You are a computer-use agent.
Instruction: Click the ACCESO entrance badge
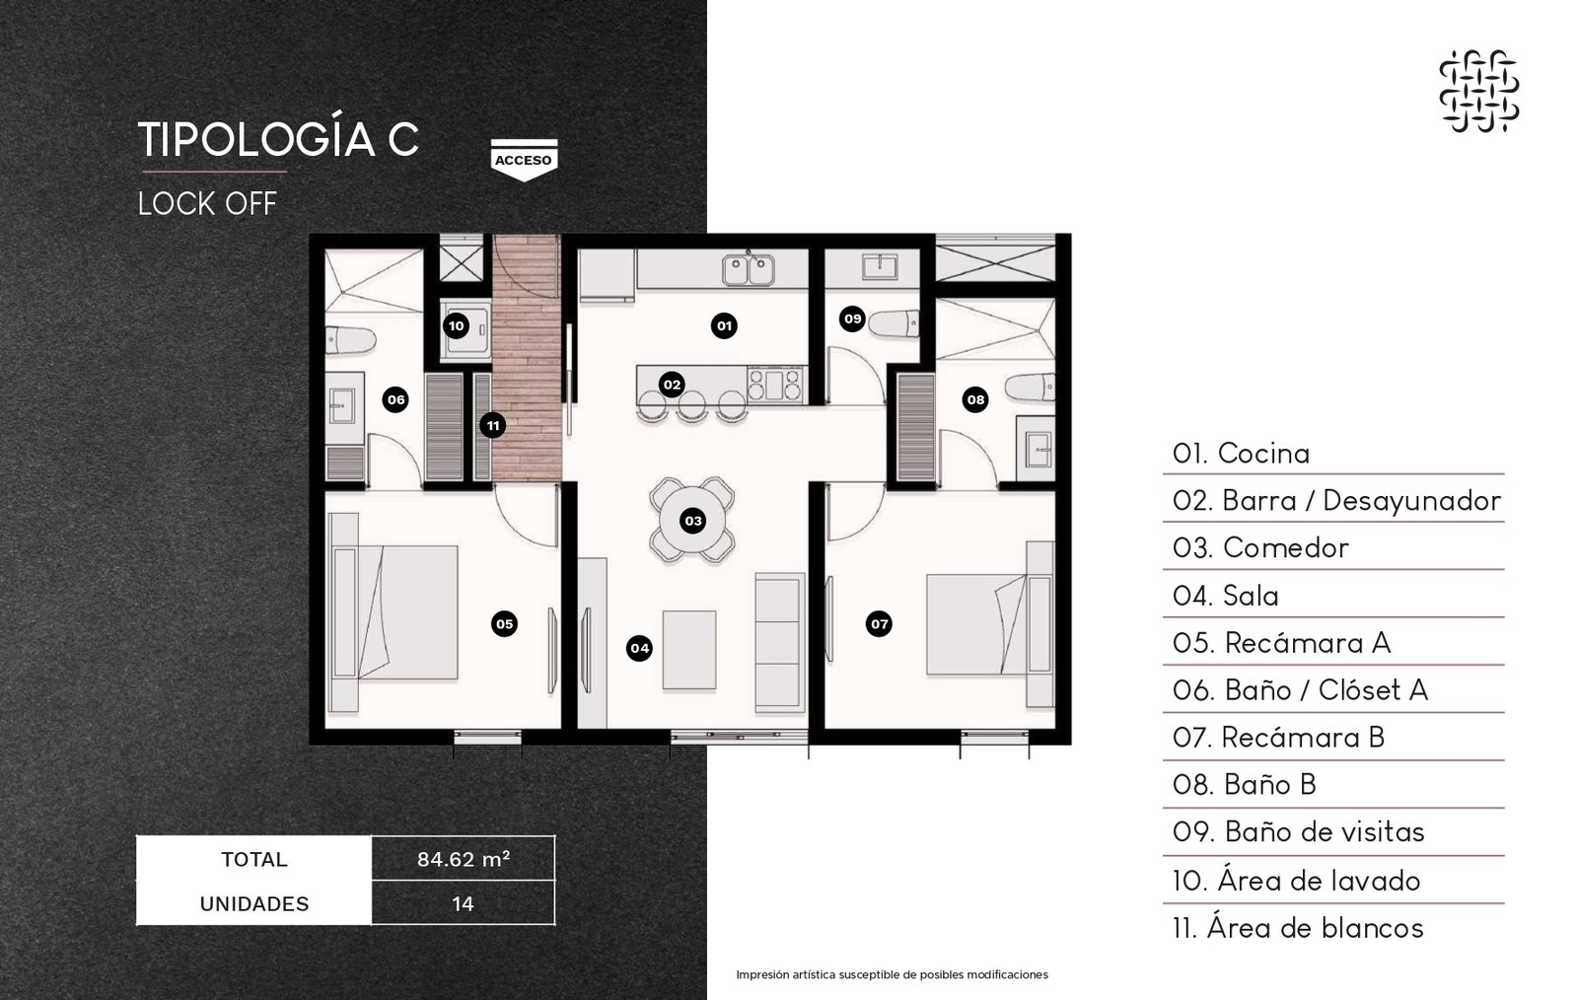(524, 160)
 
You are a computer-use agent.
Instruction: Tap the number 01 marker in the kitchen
(724, 325)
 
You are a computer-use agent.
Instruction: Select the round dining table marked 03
(692, 521)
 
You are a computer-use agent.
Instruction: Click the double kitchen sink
(748, 270)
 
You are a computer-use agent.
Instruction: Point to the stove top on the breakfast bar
(775, 385)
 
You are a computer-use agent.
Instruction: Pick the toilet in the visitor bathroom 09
(894, 323)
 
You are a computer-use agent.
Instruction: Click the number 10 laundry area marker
(456, 325)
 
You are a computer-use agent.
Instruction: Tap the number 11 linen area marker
(492, 425)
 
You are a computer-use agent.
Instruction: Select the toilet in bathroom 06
(350, 340)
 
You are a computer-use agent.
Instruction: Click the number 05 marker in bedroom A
(504, 624)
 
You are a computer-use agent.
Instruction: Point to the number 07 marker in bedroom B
(879, 624)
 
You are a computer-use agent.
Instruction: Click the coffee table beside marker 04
(689, 649)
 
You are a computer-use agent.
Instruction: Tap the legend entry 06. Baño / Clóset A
(1300, 690)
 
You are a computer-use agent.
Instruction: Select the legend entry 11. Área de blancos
(1298, 928)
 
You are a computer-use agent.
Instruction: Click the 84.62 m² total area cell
(463, 859)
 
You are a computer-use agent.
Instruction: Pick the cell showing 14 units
(463, 903)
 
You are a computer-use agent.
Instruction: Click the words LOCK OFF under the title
(207, 204)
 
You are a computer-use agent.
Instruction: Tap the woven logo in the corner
(1478, 91)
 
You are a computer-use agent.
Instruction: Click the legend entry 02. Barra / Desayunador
(1336, 501)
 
